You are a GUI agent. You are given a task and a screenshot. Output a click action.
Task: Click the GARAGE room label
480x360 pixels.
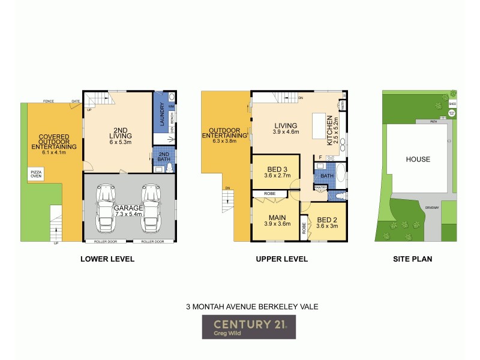(130, 208)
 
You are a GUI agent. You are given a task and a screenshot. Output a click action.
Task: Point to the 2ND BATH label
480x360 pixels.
(163, 157)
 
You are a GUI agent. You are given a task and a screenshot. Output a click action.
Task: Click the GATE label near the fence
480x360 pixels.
(76, 101)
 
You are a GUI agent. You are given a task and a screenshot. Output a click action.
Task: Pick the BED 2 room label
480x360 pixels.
(328, 220)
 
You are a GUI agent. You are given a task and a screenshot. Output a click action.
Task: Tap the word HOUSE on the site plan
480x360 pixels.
(418, 159)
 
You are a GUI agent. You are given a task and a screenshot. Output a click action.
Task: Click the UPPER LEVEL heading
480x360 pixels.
(281, 259)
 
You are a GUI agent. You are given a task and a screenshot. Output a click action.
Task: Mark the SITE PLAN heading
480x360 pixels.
(413, 259)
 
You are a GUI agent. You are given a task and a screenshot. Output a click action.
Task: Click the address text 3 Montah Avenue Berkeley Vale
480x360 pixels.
(251, 305)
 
